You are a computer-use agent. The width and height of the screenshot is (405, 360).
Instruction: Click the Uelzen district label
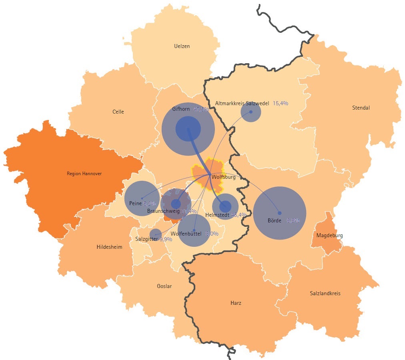point(182,46)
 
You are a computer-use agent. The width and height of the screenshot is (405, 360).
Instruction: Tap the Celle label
point(118,112)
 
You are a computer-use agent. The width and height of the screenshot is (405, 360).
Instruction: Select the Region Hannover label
point(84,174)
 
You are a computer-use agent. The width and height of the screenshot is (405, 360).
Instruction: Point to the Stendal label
point(361,108)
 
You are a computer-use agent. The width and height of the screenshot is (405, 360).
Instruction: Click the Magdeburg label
point(329,236)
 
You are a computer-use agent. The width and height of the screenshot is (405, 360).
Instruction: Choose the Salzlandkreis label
point(325,294)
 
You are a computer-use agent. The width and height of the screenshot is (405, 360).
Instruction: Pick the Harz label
point(236,303)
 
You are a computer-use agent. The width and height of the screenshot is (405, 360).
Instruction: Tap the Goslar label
point(164,286)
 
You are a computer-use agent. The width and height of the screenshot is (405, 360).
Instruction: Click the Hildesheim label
point(109,247)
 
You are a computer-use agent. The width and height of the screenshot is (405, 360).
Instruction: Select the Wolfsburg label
point(223,177)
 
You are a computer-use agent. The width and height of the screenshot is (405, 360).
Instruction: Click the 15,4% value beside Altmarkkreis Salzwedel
point(281,103)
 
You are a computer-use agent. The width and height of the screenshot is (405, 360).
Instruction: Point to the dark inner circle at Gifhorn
point(188,129)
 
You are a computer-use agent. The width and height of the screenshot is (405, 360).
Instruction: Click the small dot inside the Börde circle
point(280,213)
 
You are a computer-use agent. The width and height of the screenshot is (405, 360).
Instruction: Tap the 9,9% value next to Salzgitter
point(166,239)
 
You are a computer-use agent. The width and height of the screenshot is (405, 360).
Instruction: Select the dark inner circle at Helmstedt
point(225,207)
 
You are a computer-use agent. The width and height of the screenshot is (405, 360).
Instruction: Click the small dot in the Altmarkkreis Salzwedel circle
point(251,112)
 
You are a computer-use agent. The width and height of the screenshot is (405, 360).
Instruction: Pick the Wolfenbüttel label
point(186,234)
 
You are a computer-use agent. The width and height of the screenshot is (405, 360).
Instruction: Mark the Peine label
point(136,204)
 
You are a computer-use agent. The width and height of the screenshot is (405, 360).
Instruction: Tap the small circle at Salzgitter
point(155,235)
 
